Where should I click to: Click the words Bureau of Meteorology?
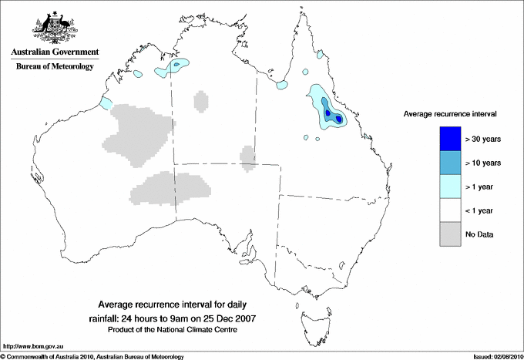(55, 67)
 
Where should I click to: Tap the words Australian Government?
(55, 52)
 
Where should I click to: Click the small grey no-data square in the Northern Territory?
(200, 100)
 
